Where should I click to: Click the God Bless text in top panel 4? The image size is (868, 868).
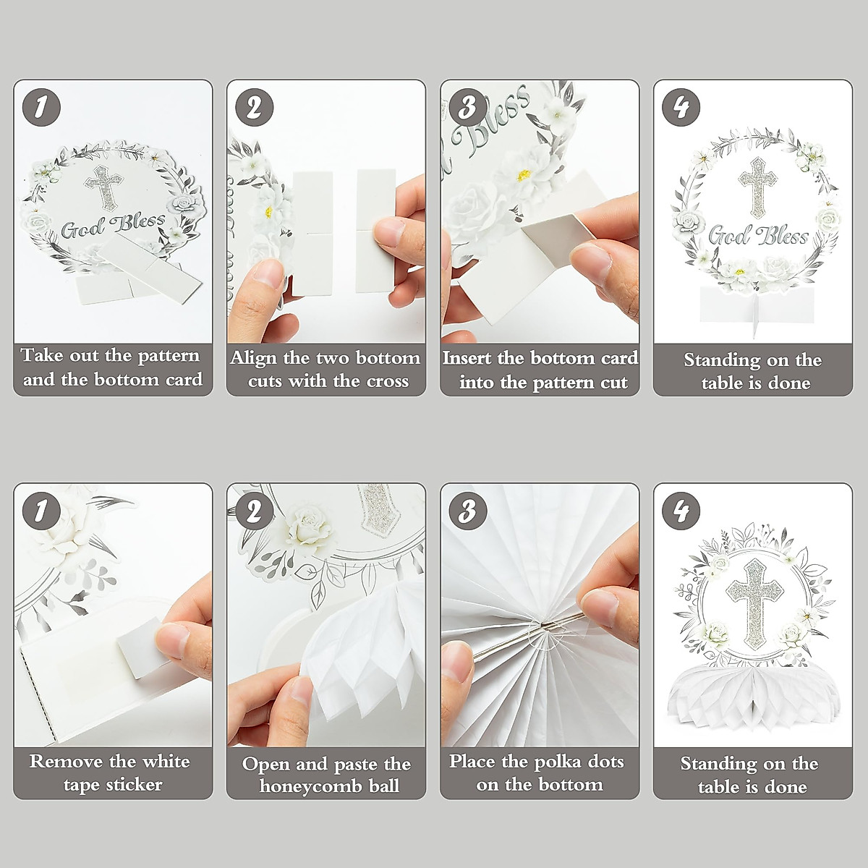pyautogui.click(x=757, y=236)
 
